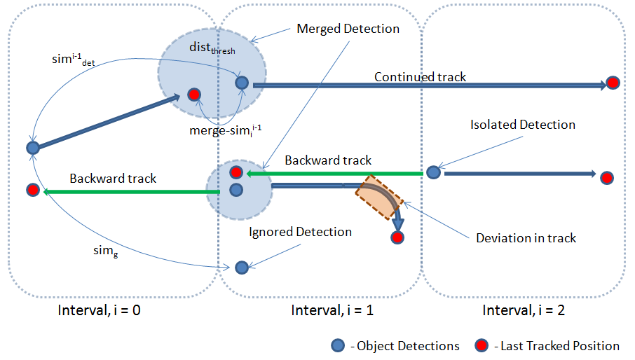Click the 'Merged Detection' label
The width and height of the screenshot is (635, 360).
tap(348, 29)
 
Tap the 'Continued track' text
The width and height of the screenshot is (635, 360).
tap(420, 77)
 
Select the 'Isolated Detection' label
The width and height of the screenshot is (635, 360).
tap(523, 125)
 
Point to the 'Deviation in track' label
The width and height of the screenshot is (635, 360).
tap(526, 238)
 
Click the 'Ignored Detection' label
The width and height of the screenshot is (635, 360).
tap(300, 232)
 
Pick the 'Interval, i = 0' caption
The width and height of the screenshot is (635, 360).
tap(100, 310)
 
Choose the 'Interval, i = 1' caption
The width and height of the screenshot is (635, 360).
tap(332, 310)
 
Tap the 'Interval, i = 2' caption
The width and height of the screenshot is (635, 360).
tap(524, 310)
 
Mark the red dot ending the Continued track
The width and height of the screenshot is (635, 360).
tap(613, 83)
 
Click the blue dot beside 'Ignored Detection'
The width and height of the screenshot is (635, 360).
tap(242, 268)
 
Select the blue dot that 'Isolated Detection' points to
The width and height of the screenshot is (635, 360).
tap(433, 172)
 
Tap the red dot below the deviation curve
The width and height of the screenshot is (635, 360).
tap(397, 237)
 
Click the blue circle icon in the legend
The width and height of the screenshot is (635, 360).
tap(338, 346)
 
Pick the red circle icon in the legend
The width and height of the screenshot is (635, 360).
tap(482, 346)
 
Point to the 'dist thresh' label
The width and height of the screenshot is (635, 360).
tap(212, 48)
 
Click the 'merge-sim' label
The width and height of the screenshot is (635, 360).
tap(226, 130)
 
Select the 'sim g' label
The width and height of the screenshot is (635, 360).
tap(106, 251)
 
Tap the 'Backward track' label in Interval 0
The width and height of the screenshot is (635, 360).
tap(113, 179)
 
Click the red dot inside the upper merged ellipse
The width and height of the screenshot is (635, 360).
tap(194, 95)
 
